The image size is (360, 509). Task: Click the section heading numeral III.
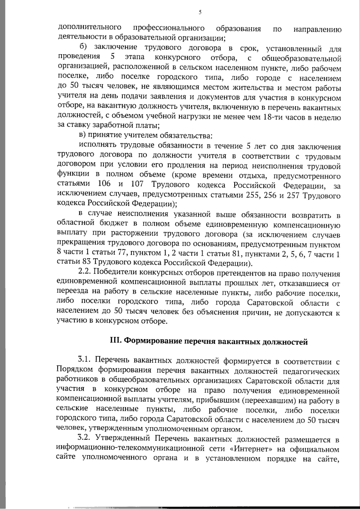(115, 341)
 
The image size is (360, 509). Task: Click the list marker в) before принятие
(82, 136)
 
